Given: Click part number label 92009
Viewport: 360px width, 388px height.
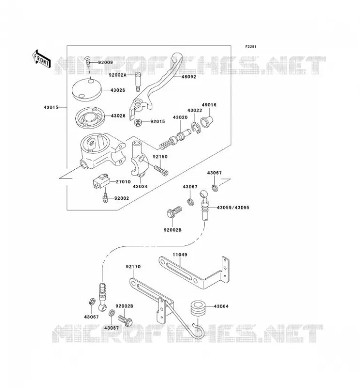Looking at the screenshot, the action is coord(105,63).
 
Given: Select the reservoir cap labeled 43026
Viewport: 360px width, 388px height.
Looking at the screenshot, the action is coord(87,90).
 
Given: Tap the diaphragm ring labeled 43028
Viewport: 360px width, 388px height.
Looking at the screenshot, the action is coord(90,117).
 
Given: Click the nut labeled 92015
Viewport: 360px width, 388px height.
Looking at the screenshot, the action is coord(138,122).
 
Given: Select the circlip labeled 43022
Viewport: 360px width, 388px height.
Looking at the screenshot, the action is coord(196,129).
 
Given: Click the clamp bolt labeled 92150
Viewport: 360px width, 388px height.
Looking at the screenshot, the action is coord(161,170).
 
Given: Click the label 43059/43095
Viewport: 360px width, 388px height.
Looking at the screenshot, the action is coord(233,208).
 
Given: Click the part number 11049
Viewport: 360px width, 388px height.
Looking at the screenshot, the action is coord(180,255).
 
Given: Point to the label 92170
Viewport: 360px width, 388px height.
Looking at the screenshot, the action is coord(133,266).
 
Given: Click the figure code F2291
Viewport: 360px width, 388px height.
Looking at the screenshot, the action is coord(250,47).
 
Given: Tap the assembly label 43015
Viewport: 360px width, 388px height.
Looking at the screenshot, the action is coord(51,107).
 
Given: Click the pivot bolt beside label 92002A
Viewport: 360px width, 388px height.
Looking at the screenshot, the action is coord(138,81).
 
